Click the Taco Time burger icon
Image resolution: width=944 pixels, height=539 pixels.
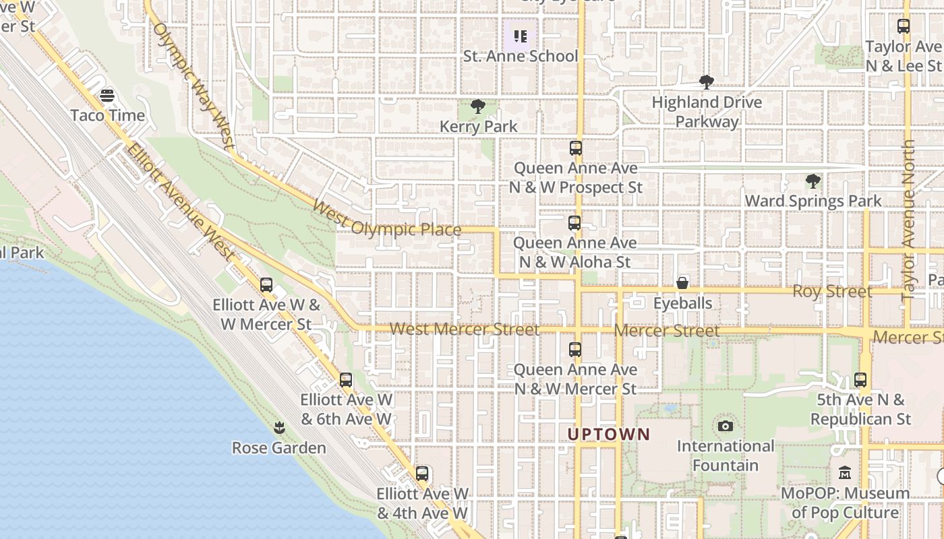point(107,96)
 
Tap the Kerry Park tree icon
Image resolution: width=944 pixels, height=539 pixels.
point(478,106)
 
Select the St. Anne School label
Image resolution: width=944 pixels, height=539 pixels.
point(521,56)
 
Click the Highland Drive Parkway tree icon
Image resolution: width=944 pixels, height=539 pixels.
point(707,83)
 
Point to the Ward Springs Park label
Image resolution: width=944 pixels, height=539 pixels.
point(813,201)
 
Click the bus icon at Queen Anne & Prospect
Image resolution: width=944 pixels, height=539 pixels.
point(575,148)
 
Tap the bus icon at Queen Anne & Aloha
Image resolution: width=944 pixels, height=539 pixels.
point(574,223)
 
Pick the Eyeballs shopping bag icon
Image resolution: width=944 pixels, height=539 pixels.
point(682,283)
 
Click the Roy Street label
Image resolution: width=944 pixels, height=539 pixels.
point(831,292)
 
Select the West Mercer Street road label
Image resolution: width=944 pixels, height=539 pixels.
point(465,329)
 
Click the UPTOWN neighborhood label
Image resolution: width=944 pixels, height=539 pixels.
point(609,435)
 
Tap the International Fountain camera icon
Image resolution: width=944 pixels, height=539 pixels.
point(726,426)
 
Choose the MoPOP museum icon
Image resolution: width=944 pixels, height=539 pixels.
point(845,473)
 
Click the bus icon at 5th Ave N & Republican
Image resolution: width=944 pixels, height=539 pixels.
point(860,380)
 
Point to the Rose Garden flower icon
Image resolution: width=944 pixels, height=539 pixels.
point(278,427)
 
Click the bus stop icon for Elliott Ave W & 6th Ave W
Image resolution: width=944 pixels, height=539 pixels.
point(346,380)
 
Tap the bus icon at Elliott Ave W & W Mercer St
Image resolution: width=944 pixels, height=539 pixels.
point(266,285)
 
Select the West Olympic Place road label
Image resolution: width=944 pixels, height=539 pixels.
point(386,219)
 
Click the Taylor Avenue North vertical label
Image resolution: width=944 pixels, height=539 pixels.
point(908,219)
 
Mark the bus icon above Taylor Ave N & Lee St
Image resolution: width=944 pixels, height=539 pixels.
point(904,26)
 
